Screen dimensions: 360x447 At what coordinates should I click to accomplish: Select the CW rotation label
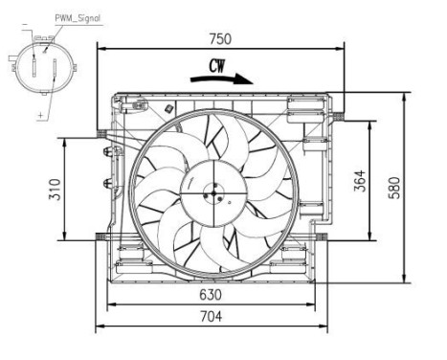pos(220,68)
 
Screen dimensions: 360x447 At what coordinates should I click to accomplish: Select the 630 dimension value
pos(211,295)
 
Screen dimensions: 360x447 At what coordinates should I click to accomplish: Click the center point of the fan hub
pos(207,194)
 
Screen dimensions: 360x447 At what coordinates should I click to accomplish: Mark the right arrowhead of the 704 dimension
pos(324,326)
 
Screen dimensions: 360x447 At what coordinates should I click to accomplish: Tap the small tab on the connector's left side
pos(11,68)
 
